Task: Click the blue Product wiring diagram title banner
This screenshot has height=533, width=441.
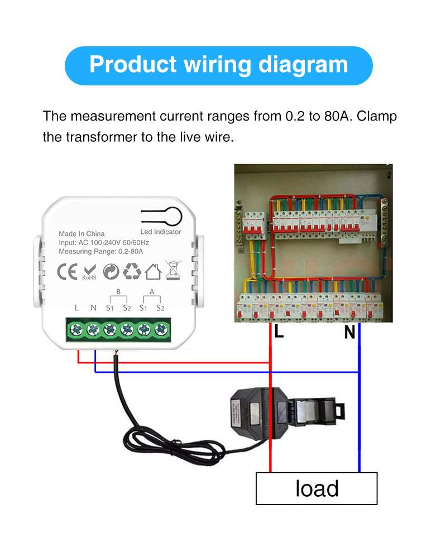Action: pyautogui.click(x=219, y=65)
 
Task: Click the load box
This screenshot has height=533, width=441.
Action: pyautogui.click(x=317, y=488)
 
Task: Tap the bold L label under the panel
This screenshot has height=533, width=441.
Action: pyautogui.click(x=279, y=332)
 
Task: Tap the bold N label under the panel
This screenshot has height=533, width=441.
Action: pyautogui.click(x=349, y=332)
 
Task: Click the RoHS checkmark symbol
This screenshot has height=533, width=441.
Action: pyautogui.click(x=89, y=272)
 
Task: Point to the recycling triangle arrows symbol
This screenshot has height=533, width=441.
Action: pyautogui.click(x=132, y=271)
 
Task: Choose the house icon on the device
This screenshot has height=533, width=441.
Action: pyautogui.click(x=153, y=272)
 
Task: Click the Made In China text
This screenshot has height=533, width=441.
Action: pyautogui.click(x=82, y=234)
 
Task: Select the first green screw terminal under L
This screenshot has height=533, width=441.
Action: pyautogui.click(x=76, y=329)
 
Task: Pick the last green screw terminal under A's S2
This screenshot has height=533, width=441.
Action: pyautogui.click(x=161, y=329)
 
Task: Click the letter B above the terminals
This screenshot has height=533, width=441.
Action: pyautogui.click(x=118, y=291)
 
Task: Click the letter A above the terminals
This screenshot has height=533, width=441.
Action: pyautogui.click(x=152, y=291)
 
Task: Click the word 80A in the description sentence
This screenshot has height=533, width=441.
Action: pyautogui.click(x=337, y=117)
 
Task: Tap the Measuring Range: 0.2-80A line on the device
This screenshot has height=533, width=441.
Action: pyautogui.click(x=101, y=252)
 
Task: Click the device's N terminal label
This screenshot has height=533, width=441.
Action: pyautogui.click(x=93, y=308)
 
